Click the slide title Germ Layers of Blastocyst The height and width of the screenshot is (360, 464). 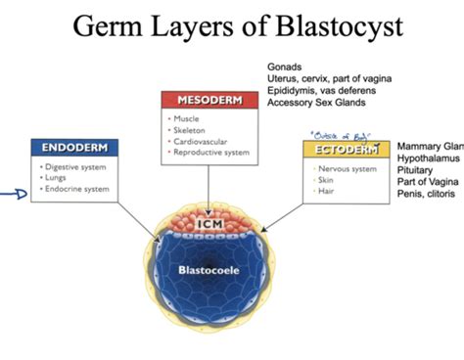[232, 25]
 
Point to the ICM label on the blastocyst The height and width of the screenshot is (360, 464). [210, 225]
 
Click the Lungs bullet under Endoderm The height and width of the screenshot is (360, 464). [58, 178]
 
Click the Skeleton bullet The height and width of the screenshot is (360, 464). [191, 130]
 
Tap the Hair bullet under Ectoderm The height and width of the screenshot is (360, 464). [328, 192]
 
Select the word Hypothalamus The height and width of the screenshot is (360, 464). [427, 157]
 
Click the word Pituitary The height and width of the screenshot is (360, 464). [417, 169]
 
